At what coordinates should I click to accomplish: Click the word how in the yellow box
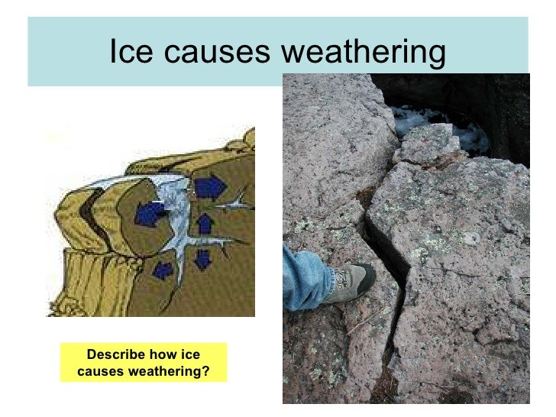point(169,355)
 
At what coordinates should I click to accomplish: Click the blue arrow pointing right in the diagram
point(208,187)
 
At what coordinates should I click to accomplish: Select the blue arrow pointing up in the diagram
point(205,224)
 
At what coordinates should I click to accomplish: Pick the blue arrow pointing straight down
point(202,259)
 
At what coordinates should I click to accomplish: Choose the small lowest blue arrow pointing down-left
point(162,270)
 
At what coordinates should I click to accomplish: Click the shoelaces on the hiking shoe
point(341,277)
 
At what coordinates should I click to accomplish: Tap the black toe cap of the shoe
point(365,275)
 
